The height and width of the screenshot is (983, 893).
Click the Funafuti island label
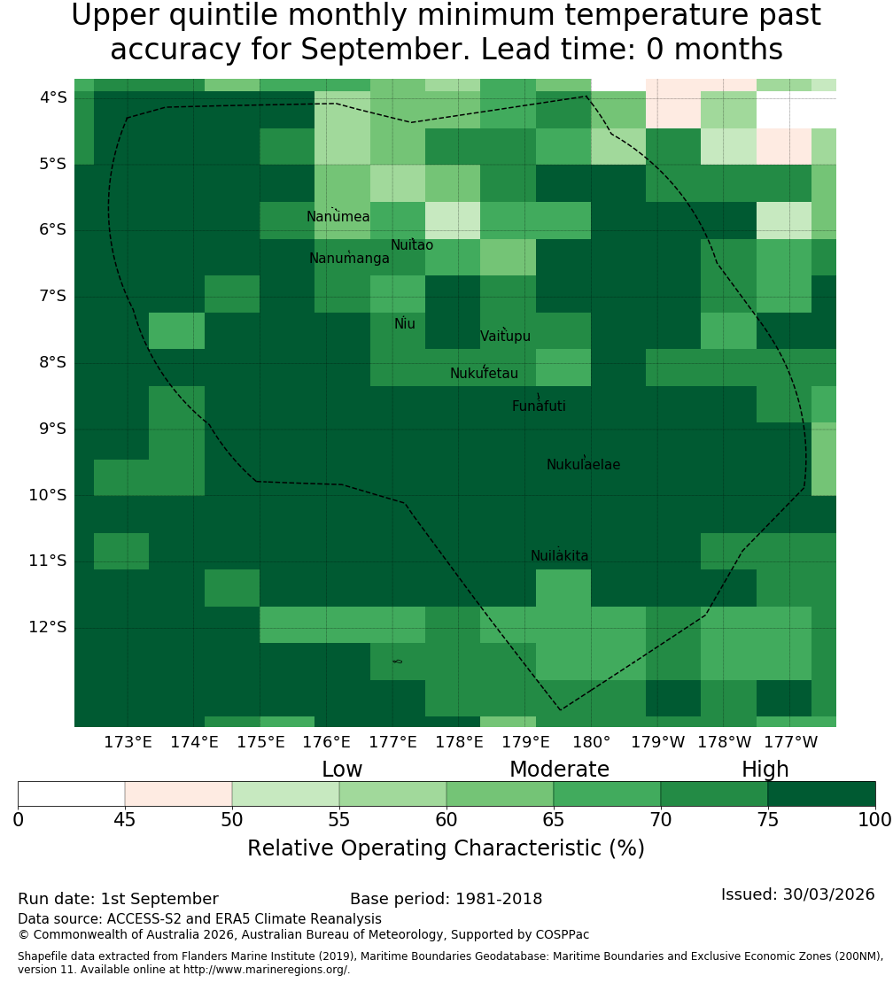(539, 406)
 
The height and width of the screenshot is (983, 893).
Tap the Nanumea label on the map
(338, 217)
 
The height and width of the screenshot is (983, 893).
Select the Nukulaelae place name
(583, 465)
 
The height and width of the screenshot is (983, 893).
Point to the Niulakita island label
(559, 556)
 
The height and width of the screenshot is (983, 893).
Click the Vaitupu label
(506, 337)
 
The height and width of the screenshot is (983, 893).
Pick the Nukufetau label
(484, 374)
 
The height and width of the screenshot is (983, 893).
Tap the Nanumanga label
(349, 259)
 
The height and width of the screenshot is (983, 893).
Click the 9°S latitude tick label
(52, 429)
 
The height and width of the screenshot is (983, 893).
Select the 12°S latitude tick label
(48, 627)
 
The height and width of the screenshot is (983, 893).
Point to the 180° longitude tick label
(592, 742)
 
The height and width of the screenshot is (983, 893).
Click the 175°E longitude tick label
(260, 742)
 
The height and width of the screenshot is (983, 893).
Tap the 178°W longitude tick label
(725, 742)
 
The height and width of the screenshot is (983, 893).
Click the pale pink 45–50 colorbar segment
(179, 793)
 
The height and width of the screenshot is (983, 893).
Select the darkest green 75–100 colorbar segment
(821, 793)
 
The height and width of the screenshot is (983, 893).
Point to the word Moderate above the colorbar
(559, 770)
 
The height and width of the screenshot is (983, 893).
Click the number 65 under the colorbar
(553, 819)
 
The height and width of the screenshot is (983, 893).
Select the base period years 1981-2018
(499, 899)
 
